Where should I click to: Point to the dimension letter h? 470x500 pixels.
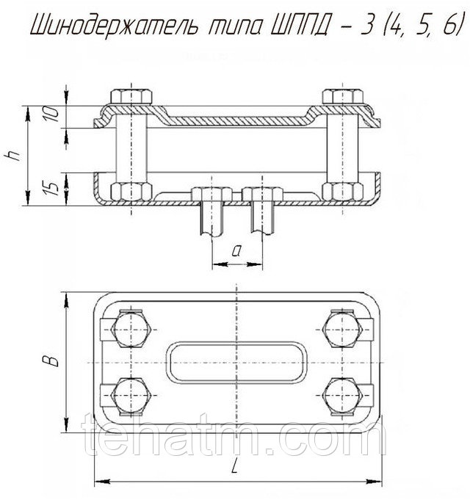pos(12,156)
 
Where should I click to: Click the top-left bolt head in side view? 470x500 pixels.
pos(131,97)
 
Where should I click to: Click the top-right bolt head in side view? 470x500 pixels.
pos(343,97)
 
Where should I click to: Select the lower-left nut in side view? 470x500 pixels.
pos(131,192)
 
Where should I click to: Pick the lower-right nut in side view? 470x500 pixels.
pos(343,192)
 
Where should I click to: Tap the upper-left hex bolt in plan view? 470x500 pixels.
pos(131,330)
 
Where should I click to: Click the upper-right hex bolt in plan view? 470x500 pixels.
pos(343,330)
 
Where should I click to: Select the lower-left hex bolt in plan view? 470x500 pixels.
pos(131,396)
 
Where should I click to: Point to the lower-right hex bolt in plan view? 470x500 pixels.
pos(343,396)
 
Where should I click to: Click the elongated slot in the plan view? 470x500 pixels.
pos(236,363)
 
